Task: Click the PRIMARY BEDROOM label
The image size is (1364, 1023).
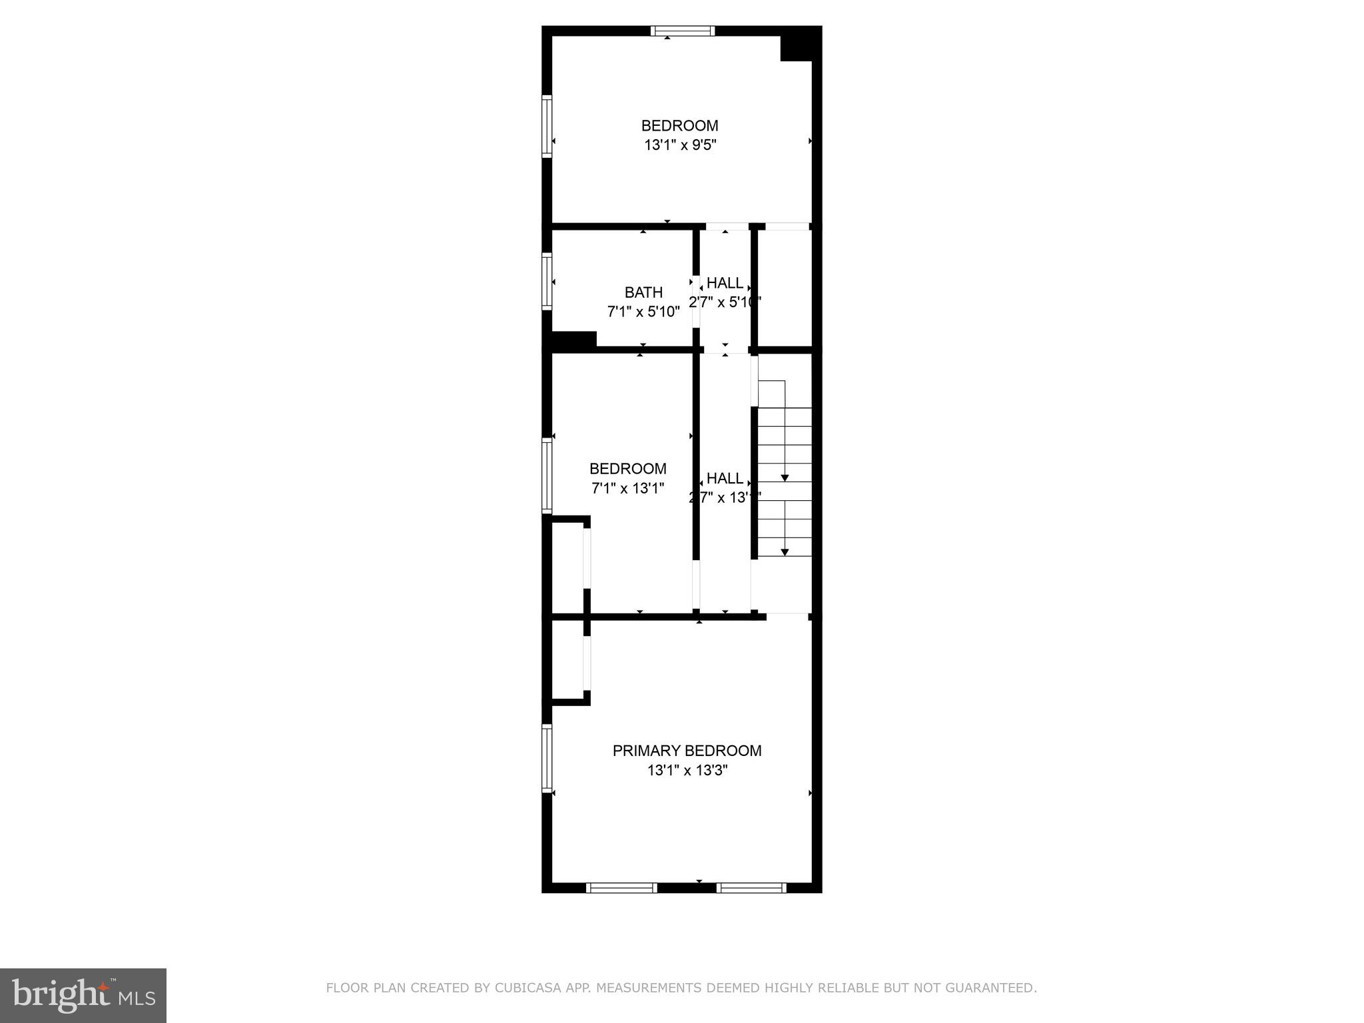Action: (x=687, y=751)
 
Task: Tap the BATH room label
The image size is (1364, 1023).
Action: (x=643, y=292)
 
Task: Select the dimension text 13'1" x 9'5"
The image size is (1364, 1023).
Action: (x=680, y=145)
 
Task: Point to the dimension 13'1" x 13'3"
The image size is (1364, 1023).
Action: (x=687, y=771)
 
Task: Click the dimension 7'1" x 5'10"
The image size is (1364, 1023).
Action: (x=643, y=312)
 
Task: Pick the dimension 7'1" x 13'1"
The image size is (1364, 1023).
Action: (x=628, y=488)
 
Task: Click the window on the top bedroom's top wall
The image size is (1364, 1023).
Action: (x=683, y=31)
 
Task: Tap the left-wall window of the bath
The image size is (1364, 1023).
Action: (x=547, y=281)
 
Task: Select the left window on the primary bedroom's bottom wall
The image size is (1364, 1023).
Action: (x=621, y=887)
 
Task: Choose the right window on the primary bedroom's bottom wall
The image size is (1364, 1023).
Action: (x=751, y=887)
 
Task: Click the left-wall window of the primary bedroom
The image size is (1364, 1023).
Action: (x=547, y=759)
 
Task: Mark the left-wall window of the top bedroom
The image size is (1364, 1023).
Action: (x=547, y=126)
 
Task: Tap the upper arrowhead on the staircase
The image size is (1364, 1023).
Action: (x=785, y=478)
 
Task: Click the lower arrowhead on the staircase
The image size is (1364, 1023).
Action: (x=785, y=551)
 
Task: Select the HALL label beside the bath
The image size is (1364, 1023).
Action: (x=725, y=282)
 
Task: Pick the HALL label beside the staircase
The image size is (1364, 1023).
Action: (x=725, y=478)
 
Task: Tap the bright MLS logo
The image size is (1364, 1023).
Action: (x=83, y=995)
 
